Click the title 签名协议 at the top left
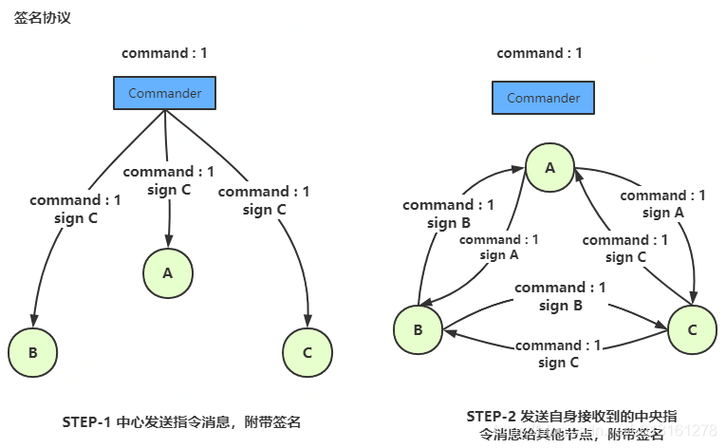(x=42, y=18)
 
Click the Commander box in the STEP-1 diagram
(x=164, y=93)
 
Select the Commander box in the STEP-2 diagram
(x=543, y=98)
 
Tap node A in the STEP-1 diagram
(x=168, y=273)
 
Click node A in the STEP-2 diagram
(x=549, y=167)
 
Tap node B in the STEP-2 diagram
(x=418, y=330)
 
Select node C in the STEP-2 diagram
(x=692, y=329)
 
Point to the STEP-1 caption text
(x=181, y=420)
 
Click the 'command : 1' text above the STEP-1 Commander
(x=164, y=53)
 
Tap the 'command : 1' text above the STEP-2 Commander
(x=539, y=53)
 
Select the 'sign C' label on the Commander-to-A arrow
(x=169, y=190)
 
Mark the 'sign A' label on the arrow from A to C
(x=664, y=213)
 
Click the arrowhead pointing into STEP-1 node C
(x=307, y=322)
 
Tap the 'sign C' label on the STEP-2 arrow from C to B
(x=559, y=363)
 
